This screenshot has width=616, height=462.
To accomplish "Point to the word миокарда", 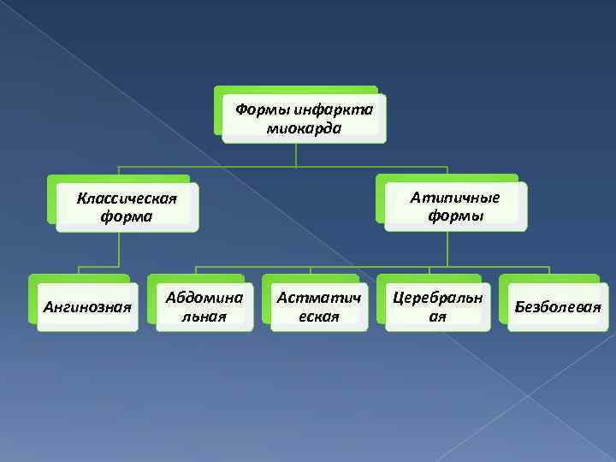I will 304,128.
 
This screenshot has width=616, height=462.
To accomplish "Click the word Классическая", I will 127,198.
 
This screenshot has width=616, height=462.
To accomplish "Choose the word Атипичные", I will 454,198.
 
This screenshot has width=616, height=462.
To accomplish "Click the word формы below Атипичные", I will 455,216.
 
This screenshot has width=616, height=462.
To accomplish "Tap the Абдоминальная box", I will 204,305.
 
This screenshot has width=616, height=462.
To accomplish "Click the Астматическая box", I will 318,305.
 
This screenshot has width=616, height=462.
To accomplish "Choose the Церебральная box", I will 437,305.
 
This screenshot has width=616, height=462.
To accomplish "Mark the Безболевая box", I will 556,305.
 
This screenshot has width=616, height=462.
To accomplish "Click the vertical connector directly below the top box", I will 296,154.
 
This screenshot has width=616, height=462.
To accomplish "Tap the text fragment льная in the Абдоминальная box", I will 204,316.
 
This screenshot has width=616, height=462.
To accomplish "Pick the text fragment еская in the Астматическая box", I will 318,316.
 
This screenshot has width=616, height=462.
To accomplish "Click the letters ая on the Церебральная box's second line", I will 437,316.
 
